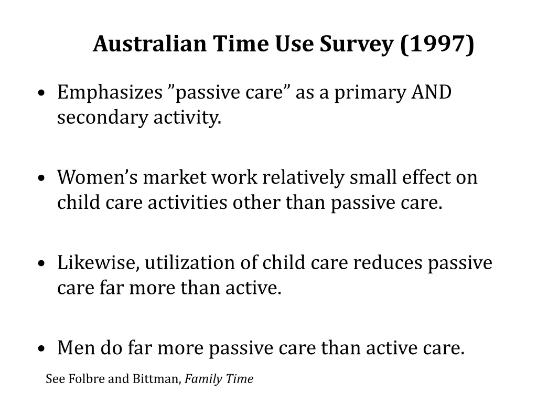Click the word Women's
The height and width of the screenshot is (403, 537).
(98, 177)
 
